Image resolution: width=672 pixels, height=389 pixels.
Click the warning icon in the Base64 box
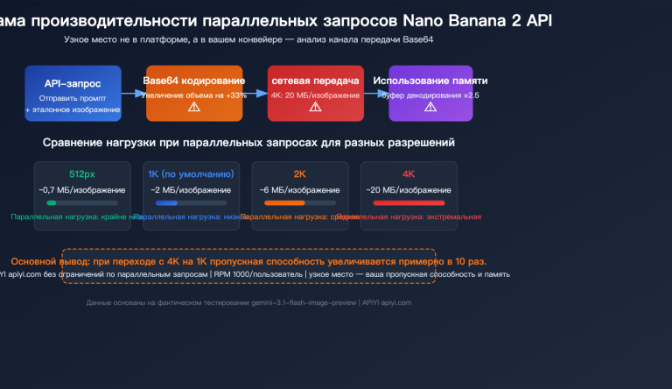194,108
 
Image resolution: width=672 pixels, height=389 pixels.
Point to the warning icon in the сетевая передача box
315,108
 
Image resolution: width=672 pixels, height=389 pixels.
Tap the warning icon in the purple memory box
430,108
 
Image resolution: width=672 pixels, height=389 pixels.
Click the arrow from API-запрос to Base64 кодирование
133,90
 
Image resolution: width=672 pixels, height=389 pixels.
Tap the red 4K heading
409,173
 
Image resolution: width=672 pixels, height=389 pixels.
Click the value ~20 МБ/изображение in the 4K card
409,189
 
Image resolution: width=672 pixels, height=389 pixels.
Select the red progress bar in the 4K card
409,203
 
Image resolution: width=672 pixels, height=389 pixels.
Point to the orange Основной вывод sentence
249,261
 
